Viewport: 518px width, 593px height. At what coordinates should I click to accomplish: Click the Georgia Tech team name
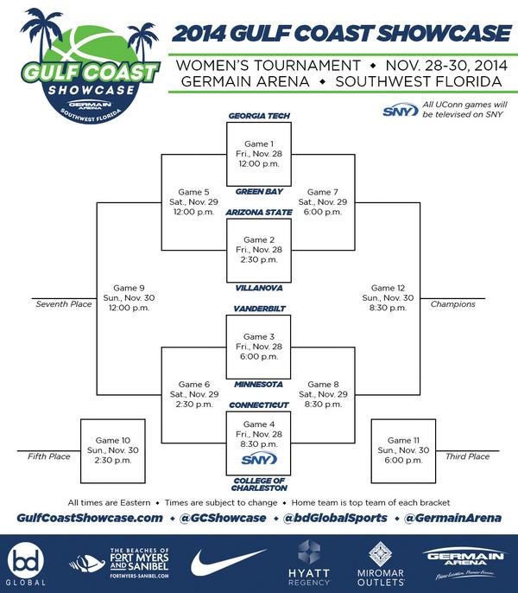259,116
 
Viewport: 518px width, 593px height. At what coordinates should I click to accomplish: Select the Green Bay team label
259,191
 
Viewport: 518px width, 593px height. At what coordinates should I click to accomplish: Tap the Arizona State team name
259,212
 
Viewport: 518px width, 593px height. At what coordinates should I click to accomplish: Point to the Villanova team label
259,288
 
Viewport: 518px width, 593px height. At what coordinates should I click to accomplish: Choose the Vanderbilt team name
259,309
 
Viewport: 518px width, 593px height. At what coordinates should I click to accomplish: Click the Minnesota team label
259,384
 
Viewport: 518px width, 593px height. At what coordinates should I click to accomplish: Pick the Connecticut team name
259,405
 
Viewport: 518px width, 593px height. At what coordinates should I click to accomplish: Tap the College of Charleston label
259,484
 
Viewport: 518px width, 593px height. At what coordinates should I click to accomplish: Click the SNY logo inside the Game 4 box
259,459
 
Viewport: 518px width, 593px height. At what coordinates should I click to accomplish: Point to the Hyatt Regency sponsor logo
309,563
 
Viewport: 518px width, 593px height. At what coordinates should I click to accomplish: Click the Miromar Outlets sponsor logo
381,564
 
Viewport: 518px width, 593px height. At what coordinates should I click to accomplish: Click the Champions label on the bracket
452,304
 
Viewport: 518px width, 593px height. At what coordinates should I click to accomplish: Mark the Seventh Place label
64,304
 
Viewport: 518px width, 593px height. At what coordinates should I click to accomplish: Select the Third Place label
467,456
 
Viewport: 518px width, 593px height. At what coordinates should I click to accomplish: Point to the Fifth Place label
48,456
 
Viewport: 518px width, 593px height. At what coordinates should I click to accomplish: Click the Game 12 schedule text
388,297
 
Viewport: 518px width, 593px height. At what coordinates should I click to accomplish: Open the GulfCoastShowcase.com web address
90,518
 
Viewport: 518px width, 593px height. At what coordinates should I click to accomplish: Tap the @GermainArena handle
452,518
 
